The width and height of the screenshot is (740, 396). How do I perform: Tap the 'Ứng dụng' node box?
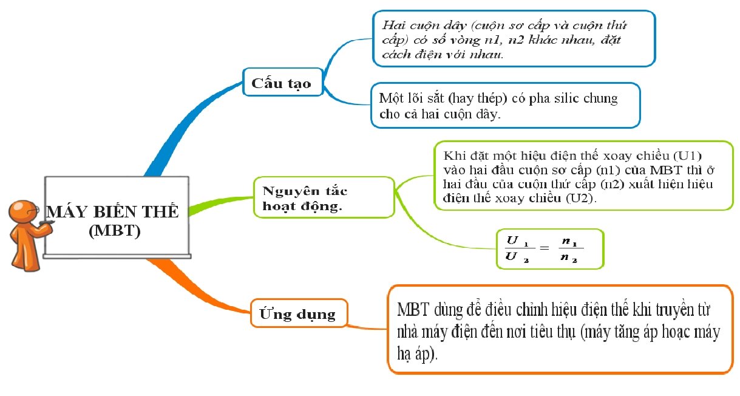pyautogui.click(x=298, y=314)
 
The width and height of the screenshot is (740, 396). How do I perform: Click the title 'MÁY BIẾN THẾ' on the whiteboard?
pyautogui.click(x=113, y=212)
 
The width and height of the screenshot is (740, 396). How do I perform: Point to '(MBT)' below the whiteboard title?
pyautogui.click(x=114, y=231)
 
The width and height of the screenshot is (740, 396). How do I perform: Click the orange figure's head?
pyautogui.click(x=24, y=211)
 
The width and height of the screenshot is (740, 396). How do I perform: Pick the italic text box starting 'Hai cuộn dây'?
pyautogui.click(x=514, y=38)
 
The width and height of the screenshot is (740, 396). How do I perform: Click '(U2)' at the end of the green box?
pyautogui.click(x=582, y=199)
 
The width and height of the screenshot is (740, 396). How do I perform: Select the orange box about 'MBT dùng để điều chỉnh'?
pyautogui.click(x=558, y=329)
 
